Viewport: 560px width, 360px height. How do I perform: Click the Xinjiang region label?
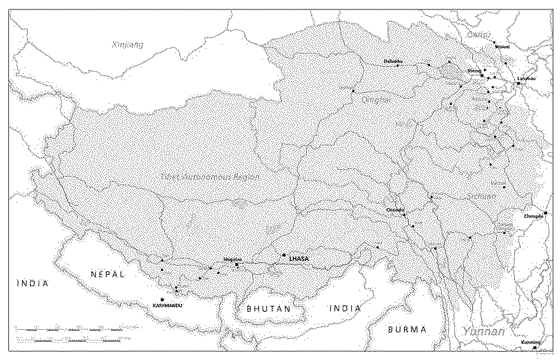point(128,45)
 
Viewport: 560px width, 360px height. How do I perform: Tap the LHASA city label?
point(300,259)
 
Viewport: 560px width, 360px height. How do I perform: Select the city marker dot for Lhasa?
point(284,255)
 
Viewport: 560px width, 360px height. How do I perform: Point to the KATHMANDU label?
point(167,306)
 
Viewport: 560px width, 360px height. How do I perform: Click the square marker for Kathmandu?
point(162,300)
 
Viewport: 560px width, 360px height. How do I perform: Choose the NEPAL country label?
point(108,274)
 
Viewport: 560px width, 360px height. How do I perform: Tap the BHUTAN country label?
point(269,308)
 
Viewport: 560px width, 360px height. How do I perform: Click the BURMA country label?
point(407,329)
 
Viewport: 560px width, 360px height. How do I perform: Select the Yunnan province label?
point(484,331)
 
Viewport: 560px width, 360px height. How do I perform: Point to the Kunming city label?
point(530,342)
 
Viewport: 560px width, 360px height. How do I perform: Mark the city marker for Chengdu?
point(545,213)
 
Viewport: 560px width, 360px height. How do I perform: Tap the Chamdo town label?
point(395,210)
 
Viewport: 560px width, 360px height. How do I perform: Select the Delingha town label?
point(393,61)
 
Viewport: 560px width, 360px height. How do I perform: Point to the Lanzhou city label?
point(526,78)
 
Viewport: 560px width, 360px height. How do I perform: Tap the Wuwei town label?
point(502,47)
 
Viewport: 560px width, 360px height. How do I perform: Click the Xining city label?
point(474,71)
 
